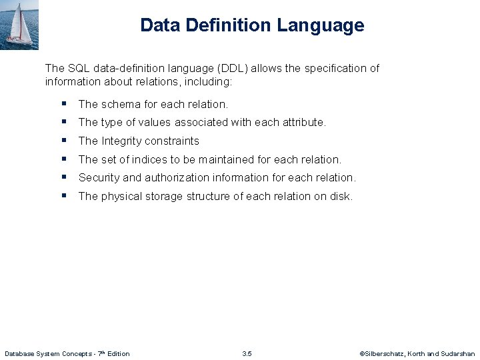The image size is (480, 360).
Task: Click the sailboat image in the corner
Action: pyautogui.click(x=19, y=25)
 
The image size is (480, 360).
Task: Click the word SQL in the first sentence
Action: pyautogui.click(x=78, y=68)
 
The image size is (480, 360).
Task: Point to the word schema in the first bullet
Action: pyautogui.click(x=121, y=104)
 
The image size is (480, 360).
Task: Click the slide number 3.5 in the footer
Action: pyautogui.click(x=247, y=353)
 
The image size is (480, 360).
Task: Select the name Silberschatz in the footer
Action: pyautogui.click(x=383, y=353)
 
